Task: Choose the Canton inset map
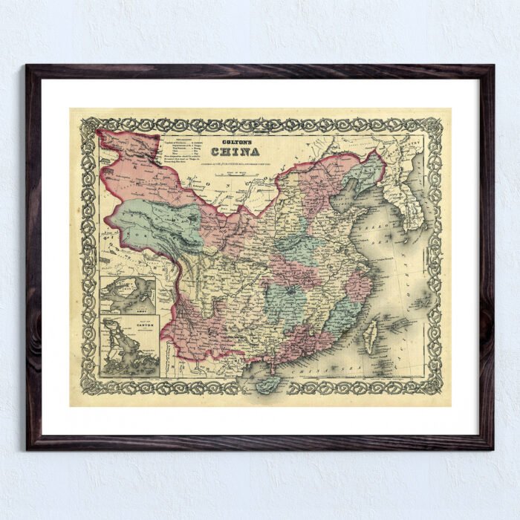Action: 129,348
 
